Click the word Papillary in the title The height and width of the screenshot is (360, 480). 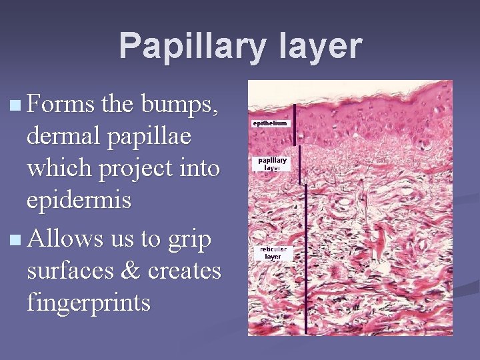coord(181,47)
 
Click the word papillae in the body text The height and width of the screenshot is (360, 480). coord(151,137)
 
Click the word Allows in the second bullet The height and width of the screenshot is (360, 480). coord(66,239)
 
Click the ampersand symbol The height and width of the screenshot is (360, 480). coord(135,271)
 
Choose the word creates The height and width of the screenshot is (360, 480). coord(184,271)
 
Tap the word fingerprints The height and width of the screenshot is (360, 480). coord(89,303)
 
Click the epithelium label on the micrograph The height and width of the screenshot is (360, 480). coord(270,124)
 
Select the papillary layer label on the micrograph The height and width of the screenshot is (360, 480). coord(273,163)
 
